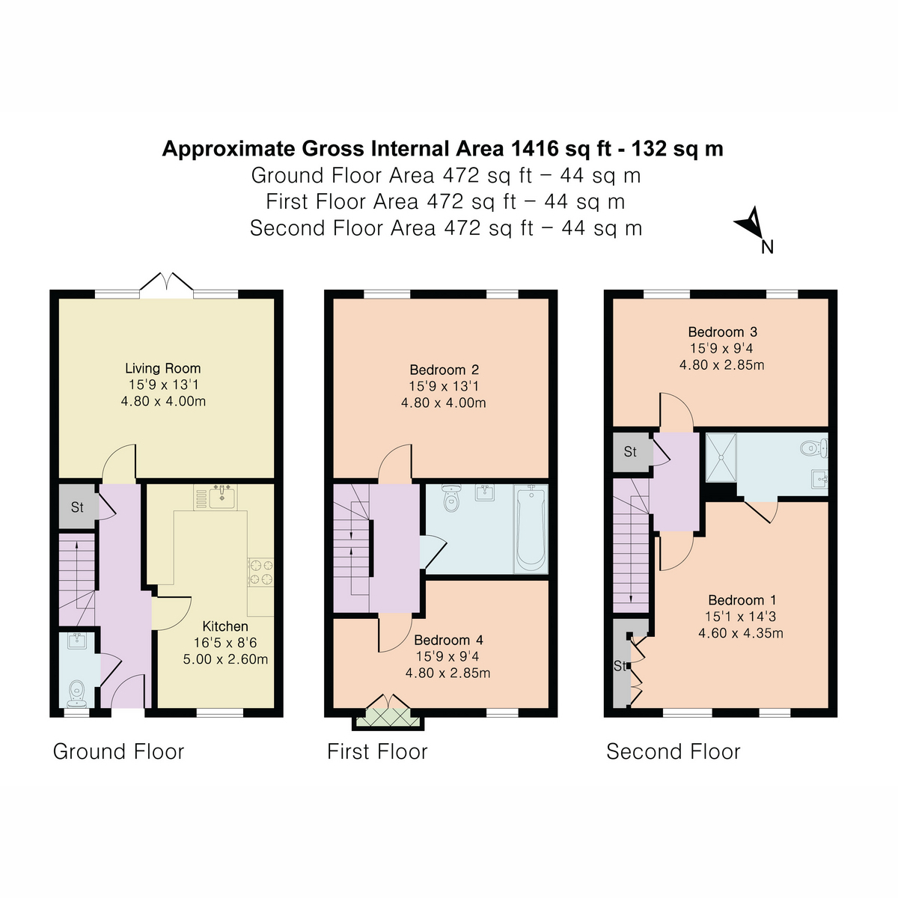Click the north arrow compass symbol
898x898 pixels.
(751, 225)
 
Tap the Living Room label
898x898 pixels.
(162, 368)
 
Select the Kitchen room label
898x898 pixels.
(225, 626)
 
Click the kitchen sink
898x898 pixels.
(222, 495)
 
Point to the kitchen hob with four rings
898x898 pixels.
(261, 572)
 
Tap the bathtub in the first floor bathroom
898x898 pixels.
(530, 528)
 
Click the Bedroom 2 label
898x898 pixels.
(444, 370)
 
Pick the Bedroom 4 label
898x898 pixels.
(448, 640)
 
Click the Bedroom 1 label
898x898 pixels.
(742, 600)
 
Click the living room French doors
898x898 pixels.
(166, 287)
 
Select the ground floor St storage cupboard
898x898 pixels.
(77, 507)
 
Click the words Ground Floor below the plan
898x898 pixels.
(118, 752)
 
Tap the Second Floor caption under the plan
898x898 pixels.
(673, 752)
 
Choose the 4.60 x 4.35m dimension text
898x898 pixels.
(741, 633)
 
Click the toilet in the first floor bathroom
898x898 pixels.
(450, 500)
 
